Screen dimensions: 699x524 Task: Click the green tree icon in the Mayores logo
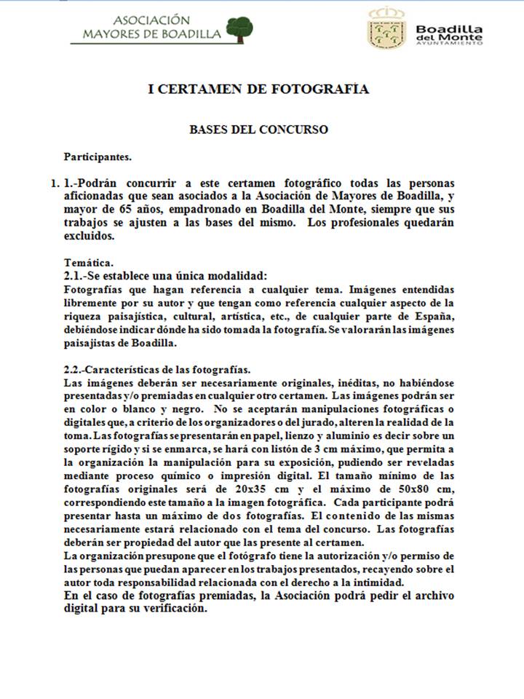(x=239, y=28)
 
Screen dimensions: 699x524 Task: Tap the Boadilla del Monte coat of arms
(x=386, y=30)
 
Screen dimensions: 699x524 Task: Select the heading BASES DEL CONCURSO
(x=258, y=130)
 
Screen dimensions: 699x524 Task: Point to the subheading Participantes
(x=98, y=156)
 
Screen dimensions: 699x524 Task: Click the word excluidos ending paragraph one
(x=89, y=236)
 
